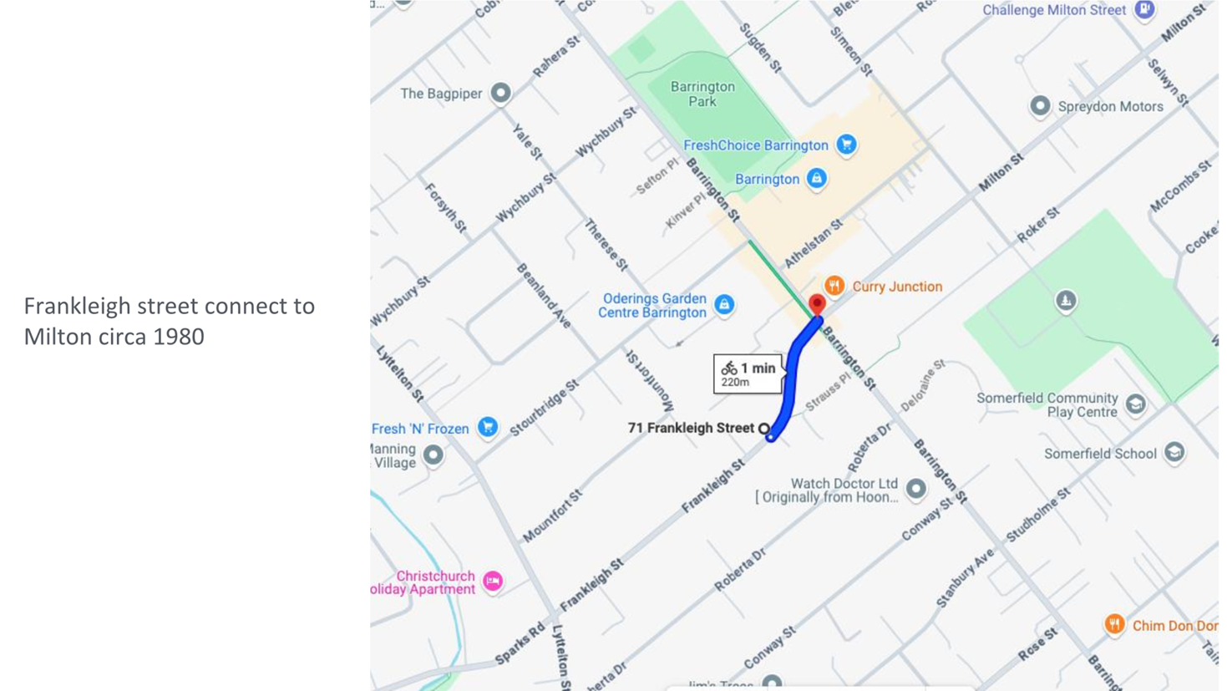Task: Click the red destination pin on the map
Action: [817, 304]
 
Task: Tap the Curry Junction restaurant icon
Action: [834, 287]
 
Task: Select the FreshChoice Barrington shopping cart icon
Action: [846, 145]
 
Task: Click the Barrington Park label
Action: [702, 94]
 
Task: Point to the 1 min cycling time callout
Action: [748, 373]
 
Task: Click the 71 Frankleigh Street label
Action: [690, 428]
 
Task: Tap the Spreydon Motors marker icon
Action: [1040, 106]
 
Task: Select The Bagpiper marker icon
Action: [500, 93]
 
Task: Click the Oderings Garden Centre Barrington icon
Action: [724, 305]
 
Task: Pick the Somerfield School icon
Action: [1174, 453]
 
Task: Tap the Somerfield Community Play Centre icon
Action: [1135, 404]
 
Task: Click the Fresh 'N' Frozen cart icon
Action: [488, 428]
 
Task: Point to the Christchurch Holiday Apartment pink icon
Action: [493, 581]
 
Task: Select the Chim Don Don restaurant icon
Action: [1114, 624]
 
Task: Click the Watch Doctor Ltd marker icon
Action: [916, 490]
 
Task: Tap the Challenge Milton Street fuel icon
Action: [1144, 10]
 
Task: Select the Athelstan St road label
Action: [814, 242]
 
